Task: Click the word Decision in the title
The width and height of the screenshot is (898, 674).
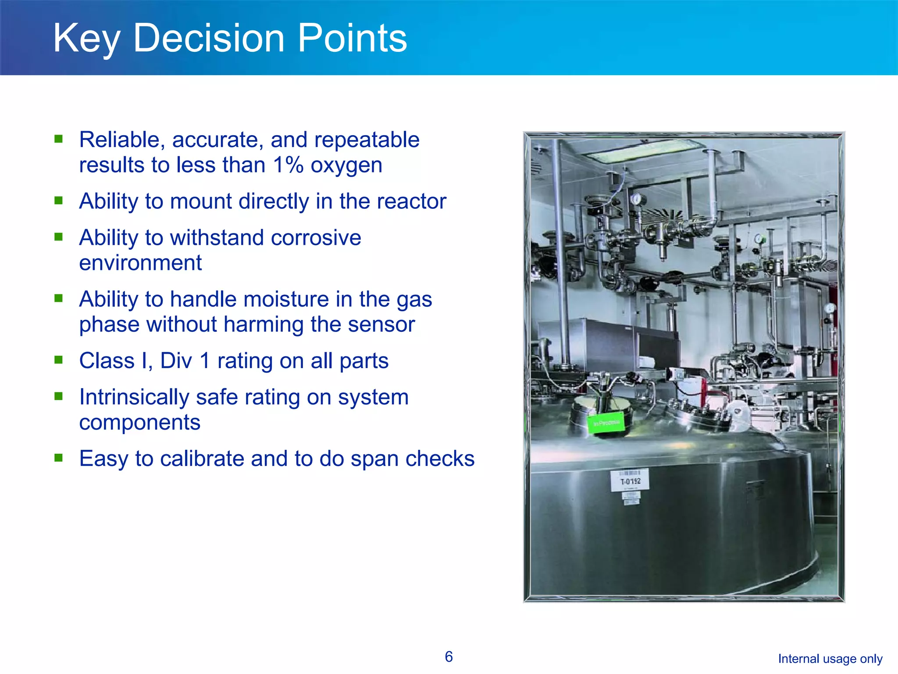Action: click(x=209, y=39)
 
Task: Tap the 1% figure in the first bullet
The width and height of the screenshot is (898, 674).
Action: click(x=288, y=165)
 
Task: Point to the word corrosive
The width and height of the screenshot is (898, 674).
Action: click(x=316, y=238)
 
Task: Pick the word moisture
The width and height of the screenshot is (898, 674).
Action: click(x=286, y=300)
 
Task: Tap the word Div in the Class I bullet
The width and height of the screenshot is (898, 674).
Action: click(x=176, y=361)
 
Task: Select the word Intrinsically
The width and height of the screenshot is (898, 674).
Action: click(x=134, y=398)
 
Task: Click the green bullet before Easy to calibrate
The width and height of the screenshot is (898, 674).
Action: click(x=59, y=458)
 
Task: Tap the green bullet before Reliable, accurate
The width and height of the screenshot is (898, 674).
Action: click(x=59, y=139)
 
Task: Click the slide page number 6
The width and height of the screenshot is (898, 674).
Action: click(x=449, y=657)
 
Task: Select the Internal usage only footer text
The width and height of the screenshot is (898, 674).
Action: click(x=830, y=659)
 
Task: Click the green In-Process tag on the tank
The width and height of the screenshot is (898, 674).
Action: click(x=606, y=423)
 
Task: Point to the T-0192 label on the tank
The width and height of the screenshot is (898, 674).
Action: click(x=630, y=480)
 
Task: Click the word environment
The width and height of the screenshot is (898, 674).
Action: click(x=140, y=263)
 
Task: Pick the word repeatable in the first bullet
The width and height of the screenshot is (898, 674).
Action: click(x=367, y=140)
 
